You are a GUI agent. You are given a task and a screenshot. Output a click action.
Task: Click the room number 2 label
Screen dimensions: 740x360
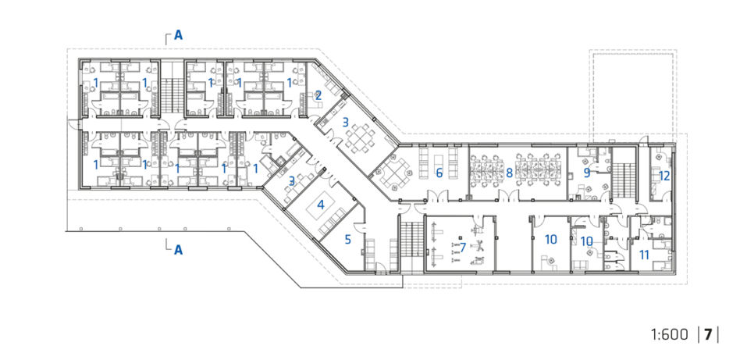(x=318, y=95)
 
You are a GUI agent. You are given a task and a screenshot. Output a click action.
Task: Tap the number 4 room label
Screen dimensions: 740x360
(x=321, y=205)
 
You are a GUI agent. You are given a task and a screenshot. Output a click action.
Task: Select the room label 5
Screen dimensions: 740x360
(x=348, y=240)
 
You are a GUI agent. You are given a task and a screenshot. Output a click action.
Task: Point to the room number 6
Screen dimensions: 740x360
(x=439, y=173)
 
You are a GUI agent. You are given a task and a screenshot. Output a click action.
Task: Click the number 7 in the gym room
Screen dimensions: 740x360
(x=463, y=247)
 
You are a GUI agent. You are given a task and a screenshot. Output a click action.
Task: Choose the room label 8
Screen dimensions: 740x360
(x=509, y=173)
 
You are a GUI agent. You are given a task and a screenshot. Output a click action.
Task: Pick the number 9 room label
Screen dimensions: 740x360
(x=587, y=173)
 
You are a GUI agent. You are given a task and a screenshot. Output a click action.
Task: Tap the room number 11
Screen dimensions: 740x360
(x=644, y=255)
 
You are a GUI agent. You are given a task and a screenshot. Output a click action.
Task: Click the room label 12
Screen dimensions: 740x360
(x=664, y=176)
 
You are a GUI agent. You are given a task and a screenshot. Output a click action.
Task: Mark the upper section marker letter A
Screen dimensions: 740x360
(x=179, y=35)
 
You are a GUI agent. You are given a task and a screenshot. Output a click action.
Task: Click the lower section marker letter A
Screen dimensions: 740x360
(x=179, y=249)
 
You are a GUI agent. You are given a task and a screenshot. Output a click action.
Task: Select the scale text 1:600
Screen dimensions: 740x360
(x=670, y=334)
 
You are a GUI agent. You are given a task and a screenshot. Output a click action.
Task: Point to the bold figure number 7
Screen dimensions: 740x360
(x=707, y=334)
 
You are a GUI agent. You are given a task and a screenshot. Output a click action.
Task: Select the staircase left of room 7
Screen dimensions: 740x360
(x=412, y=241)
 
